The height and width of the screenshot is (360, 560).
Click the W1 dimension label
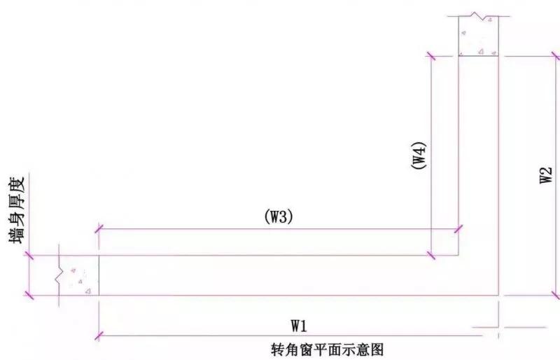coord(299,326)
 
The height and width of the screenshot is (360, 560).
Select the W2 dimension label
coord(546,175)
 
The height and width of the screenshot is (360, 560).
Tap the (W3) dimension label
coord(279,217)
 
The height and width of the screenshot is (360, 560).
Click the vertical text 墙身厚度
coord(17,209)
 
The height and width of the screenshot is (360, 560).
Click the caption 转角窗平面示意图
coord(327,349)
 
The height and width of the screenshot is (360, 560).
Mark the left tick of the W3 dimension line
coord(99,229)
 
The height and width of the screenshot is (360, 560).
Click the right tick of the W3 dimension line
coord(458,229)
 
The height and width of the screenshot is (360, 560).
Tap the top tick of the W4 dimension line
coord(431,56)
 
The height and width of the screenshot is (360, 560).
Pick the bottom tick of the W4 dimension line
coord(431,255)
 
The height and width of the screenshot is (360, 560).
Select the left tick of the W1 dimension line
coord(99,336)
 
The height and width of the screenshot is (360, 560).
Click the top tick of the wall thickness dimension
coord(29,255)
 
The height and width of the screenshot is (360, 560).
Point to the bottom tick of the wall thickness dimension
coord(29,296)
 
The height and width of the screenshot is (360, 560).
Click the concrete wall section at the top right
coord(478,36)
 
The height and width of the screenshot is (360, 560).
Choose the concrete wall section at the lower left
coord(79,275)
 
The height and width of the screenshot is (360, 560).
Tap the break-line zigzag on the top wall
coord(478,15)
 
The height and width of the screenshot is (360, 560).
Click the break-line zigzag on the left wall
coord(59,276)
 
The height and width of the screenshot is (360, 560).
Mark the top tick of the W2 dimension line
coord(556,56)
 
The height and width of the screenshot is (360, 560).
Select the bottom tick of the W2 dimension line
coord(556,296)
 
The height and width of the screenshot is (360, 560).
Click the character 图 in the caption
coord(377,349)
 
